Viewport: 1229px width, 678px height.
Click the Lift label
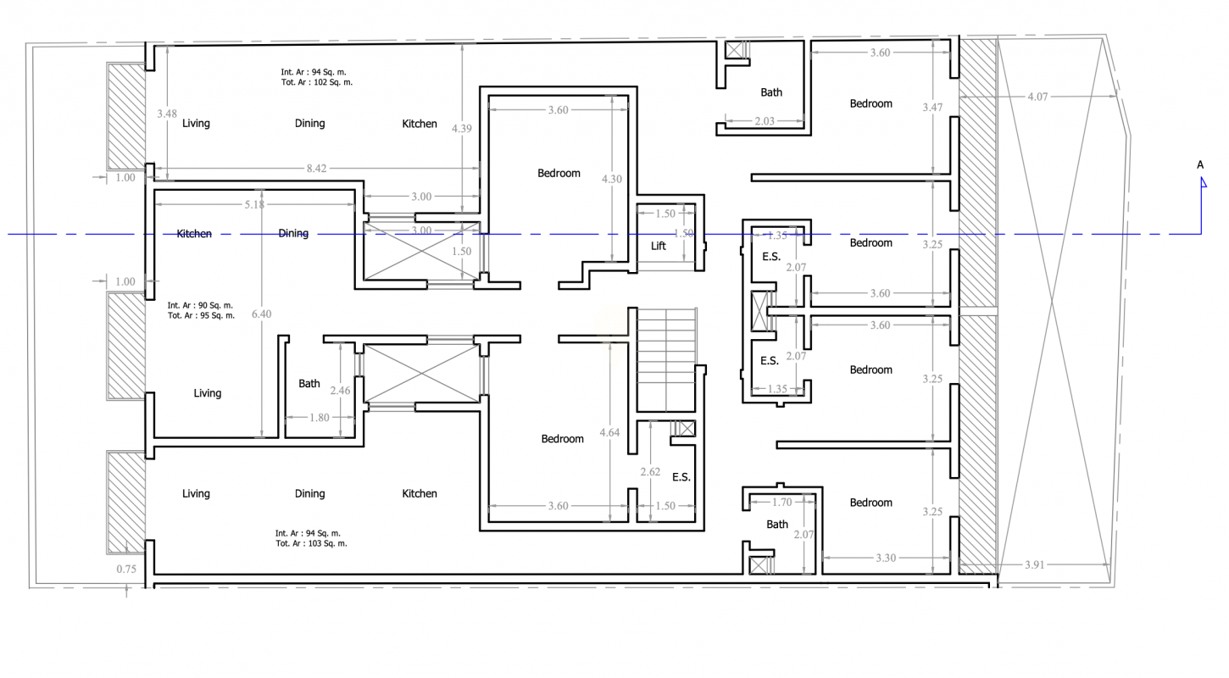(659, 246)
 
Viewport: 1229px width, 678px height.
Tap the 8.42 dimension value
(317, 169)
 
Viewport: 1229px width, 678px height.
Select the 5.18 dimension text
(254, 204)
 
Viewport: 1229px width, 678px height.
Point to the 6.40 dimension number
(262, 314)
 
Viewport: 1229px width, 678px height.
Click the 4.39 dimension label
(461, 128)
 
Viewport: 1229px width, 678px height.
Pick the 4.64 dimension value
(609, 432)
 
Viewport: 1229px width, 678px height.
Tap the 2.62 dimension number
(650, 472)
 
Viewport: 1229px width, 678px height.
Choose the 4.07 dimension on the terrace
(1037, 97)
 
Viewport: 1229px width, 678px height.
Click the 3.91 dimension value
(1035, 564)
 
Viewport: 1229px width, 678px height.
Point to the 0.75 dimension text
(126, 569)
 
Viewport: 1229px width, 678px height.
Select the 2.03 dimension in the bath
(765, 120)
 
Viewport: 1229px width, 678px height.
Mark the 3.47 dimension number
(932, 107)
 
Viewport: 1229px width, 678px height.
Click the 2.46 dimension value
(340, 391)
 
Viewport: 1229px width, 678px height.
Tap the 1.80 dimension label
(320, 418)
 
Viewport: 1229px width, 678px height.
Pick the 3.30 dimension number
(886, 558)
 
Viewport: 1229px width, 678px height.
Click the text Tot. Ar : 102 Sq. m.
(317, 82)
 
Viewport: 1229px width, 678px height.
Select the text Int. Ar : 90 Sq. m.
(200, 305)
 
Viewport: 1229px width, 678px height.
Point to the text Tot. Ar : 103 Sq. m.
(311, 543)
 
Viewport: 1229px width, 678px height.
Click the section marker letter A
(1200, 164)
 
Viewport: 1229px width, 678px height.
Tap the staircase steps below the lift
(666, 359)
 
